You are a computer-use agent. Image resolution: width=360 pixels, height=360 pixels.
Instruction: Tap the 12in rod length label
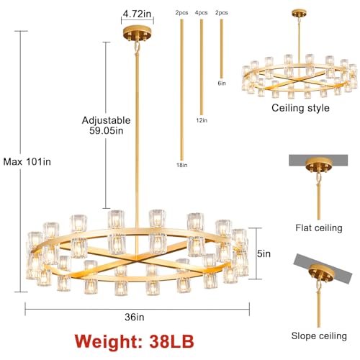coord(202,120)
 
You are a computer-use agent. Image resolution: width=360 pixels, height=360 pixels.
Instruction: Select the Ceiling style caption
coord(300,109)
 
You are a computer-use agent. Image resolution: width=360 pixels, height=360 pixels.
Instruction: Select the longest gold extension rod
coord(181,90)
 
